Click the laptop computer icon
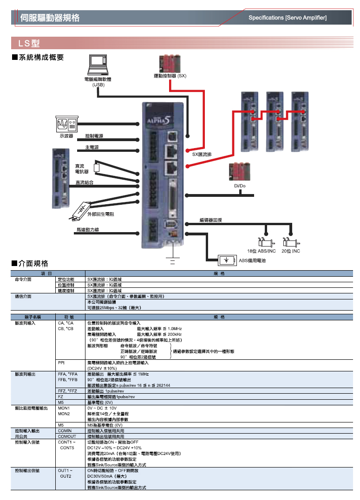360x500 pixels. point(98,65)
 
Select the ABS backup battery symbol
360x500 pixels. point(227,260)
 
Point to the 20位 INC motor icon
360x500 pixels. point(291,242)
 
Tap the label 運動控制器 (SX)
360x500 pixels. point(170,75)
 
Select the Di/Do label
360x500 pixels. point(240,186)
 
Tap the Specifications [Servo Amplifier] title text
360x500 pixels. point(288,18)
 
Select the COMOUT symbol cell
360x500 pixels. point(67,436)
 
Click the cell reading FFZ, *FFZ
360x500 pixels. point(67,391)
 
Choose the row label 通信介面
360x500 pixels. point(23,296)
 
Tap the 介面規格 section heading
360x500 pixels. point(33,264)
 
